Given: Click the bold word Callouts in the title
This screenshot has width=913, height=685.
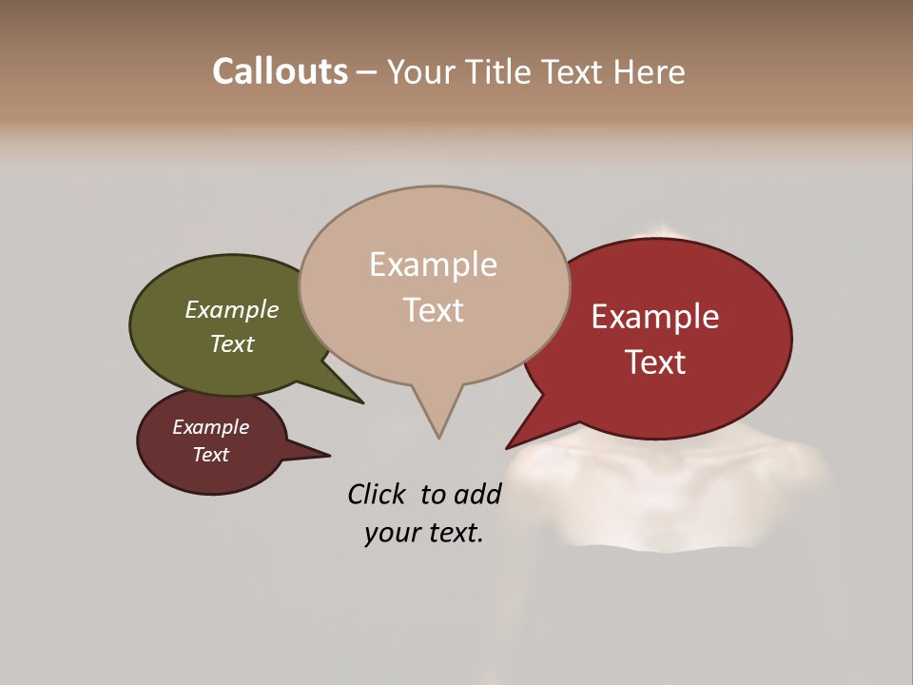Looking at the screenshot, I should tap(280, 71).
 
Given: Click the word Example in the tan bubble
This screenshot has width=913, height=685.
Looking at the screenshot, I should tap(433, 264).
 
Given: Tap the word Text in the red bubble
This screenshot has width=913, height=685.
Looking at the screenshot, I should tap(656, 362).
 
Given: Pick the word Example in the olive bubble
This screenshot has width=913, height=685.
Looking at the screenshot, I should tap(231, 310).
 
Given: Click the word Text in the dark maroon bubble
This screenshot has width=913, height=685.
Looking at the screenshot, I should tap(210, 455).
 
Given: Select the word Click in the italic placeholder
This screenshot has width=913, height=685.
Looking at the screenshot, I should tap(377, 494).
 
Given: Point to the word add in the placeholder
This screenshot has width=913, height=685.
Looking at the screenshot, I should tap(476, 494).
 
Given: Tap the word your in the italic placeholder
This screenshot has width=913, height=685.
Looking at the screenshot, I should tap(389, 533).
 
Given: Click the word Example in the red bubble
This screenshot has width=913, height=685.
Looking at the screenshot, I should tap(655, 317).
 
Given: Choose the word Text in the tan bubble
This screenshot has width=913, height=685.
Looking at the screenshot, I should tap(434, 310).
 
